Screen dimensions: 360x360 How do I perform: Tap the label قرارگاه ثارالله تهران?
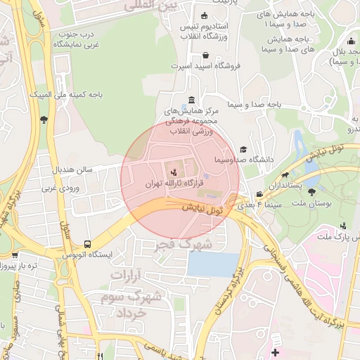[x=168, y=183]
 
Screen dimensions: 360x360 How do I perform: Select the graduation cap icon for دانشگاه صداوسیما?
[x=243, y=149]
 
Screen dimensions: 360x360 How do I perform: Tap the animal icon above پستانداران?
[x=285, y=175]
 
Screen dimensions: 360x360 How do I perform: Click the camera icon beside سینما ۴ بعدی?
[x=259, y=195]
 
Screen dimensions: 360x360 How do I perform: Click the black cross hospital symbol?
[x=275, y=351]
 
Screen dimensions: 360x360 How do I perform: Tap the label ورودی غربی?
[x=58, y=188]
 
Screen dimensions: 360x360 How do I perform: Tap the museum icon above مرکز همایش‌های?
[x=193, y=99]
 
